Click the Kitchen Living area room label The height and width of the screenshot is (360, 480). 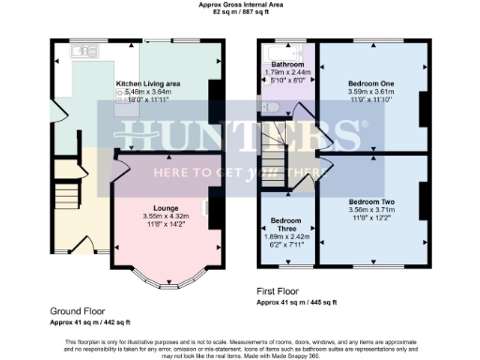[148, 83]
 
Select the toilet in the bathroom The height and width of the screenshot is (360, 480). [271, 107]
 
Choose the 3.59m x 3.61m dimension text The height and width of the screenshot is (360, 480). [372, 92]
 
